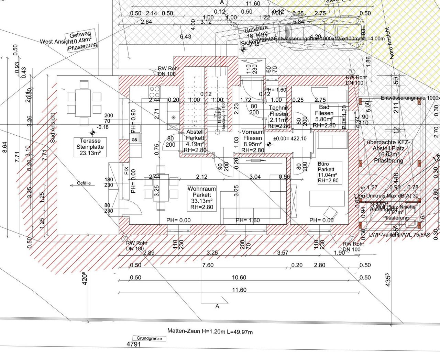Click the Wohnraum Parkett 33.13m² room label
click(202, 198)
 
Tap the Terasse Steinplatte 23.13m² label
click(90, 147)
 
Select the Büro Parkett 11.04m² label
click(328, 172)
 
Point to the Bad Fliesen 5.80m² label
click(324, 116)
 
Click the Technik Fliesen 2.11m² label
click(278, 117)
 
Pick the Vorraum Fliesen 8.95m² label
click(253, 141)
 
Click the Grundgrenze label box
click(149, 338)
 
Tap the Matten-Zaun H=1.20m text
click(210, 331)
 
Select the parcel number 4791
click(133, 344)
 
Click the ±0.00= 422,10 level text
click(289, 138)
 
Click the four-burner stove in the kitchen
click(154, 91)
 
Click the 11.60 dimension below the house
click(239, 290)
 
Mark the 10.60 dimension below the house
click(239, 277)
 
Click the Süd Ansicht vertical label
click(53, 128)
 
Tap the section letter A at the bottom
click(217, 306)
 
